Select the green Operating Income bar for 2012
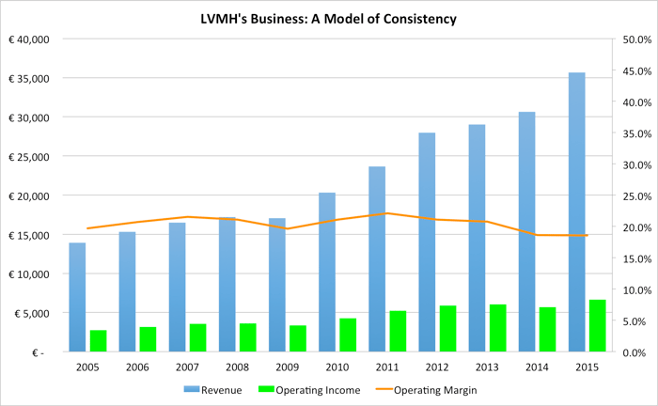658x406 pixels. point(448,329)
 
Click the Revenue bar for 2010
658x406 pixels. point(327,273)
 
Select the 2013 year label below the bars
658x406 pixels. point(486,367)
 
